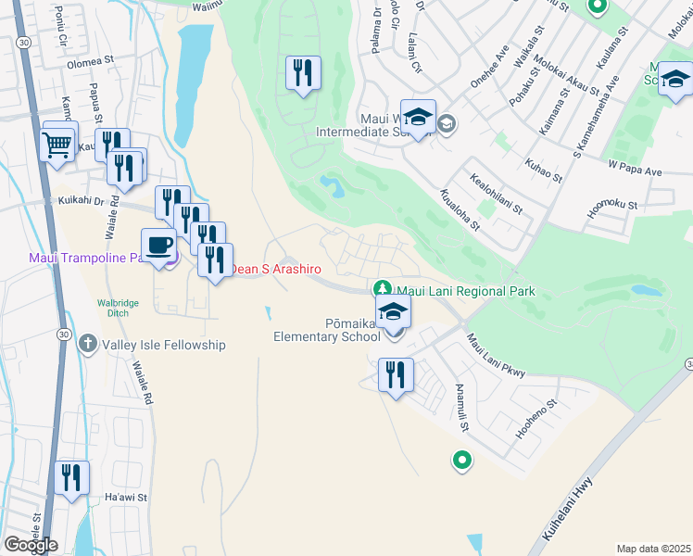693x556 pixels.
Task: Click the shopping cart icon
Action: click(57, 144)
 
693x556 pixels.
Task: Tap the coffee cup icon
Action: click(158, 245)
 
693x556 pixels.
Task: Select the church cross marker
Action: click(88, 344)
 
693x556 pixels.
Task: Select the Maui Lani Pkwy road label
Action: click(496, 356)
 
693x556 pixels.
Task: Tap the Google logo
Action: click(31, 545)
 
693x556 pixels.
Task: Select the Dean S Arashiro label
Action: click(275, 269)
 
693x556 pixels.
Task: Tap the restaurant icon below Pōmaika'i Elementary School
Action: click(396, 375)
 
